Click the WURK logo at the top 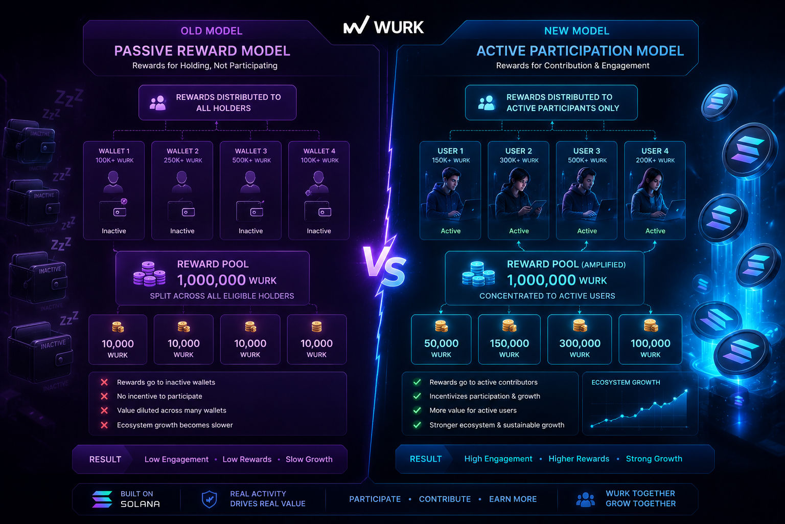click(384, 26)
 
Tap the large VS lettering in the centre click(384, 266)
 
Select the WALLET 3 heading click(251, 151)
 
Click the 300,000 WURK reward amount click(580, 348)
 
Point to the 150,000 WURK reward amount click(509, 348)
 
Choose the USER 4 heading click(655, 151)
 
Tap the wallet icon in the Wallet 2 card click(181, 211)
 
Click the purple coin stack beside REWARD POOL click(149, 274)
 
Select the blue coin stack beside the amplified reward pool click(478, 274)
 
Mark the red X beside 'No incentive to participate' click(104, 396)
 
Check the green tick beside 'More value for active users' click(417, 410)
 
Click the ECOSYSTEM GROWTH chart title click(626, 382)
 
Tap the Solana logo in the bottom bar click(102, 499)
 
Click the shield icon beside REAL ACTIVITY click(209, 499)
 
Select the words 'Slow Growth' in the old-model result click(309, 459)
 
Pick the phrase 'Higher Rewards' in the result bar click(579, 458)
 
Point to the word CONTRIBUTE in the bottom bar click(445, 499)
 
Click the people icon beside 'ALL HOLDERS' click(158, 103)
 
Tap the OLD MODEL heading click(212, 31)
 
